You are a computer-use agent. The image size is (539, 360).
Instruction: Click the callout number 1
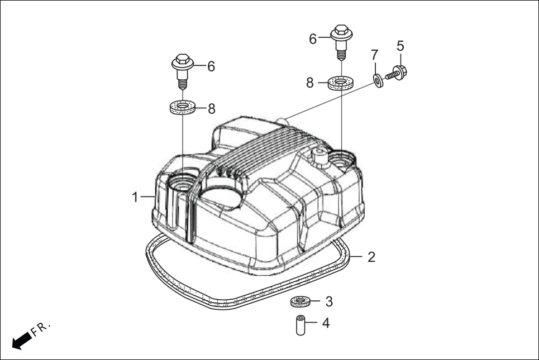coord(135,197)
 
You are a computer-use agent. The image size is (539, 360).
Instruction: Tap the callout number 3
coord(329,301)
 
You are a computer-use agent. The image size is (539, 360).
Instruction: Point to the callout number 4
coord(326,323)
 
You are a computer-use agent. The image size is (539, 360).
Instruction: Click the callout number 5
coord(400,45)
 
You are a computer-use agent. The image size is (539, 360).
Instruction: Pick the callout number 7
coord(375,55)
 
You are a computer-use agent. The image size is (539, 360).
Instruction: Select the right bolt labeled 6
coord(340,41)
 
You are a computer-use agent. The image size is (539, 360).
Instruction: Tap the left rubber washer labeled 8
coord(182,107)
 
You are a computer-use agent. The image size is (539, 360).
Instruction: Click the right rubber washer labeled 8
coord(340,84)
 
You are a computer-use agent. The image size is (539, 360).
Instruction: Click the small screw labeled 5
coord(397,71)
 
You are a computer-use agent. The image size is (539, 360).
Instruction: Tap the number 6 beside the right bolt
coord(313,39)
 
